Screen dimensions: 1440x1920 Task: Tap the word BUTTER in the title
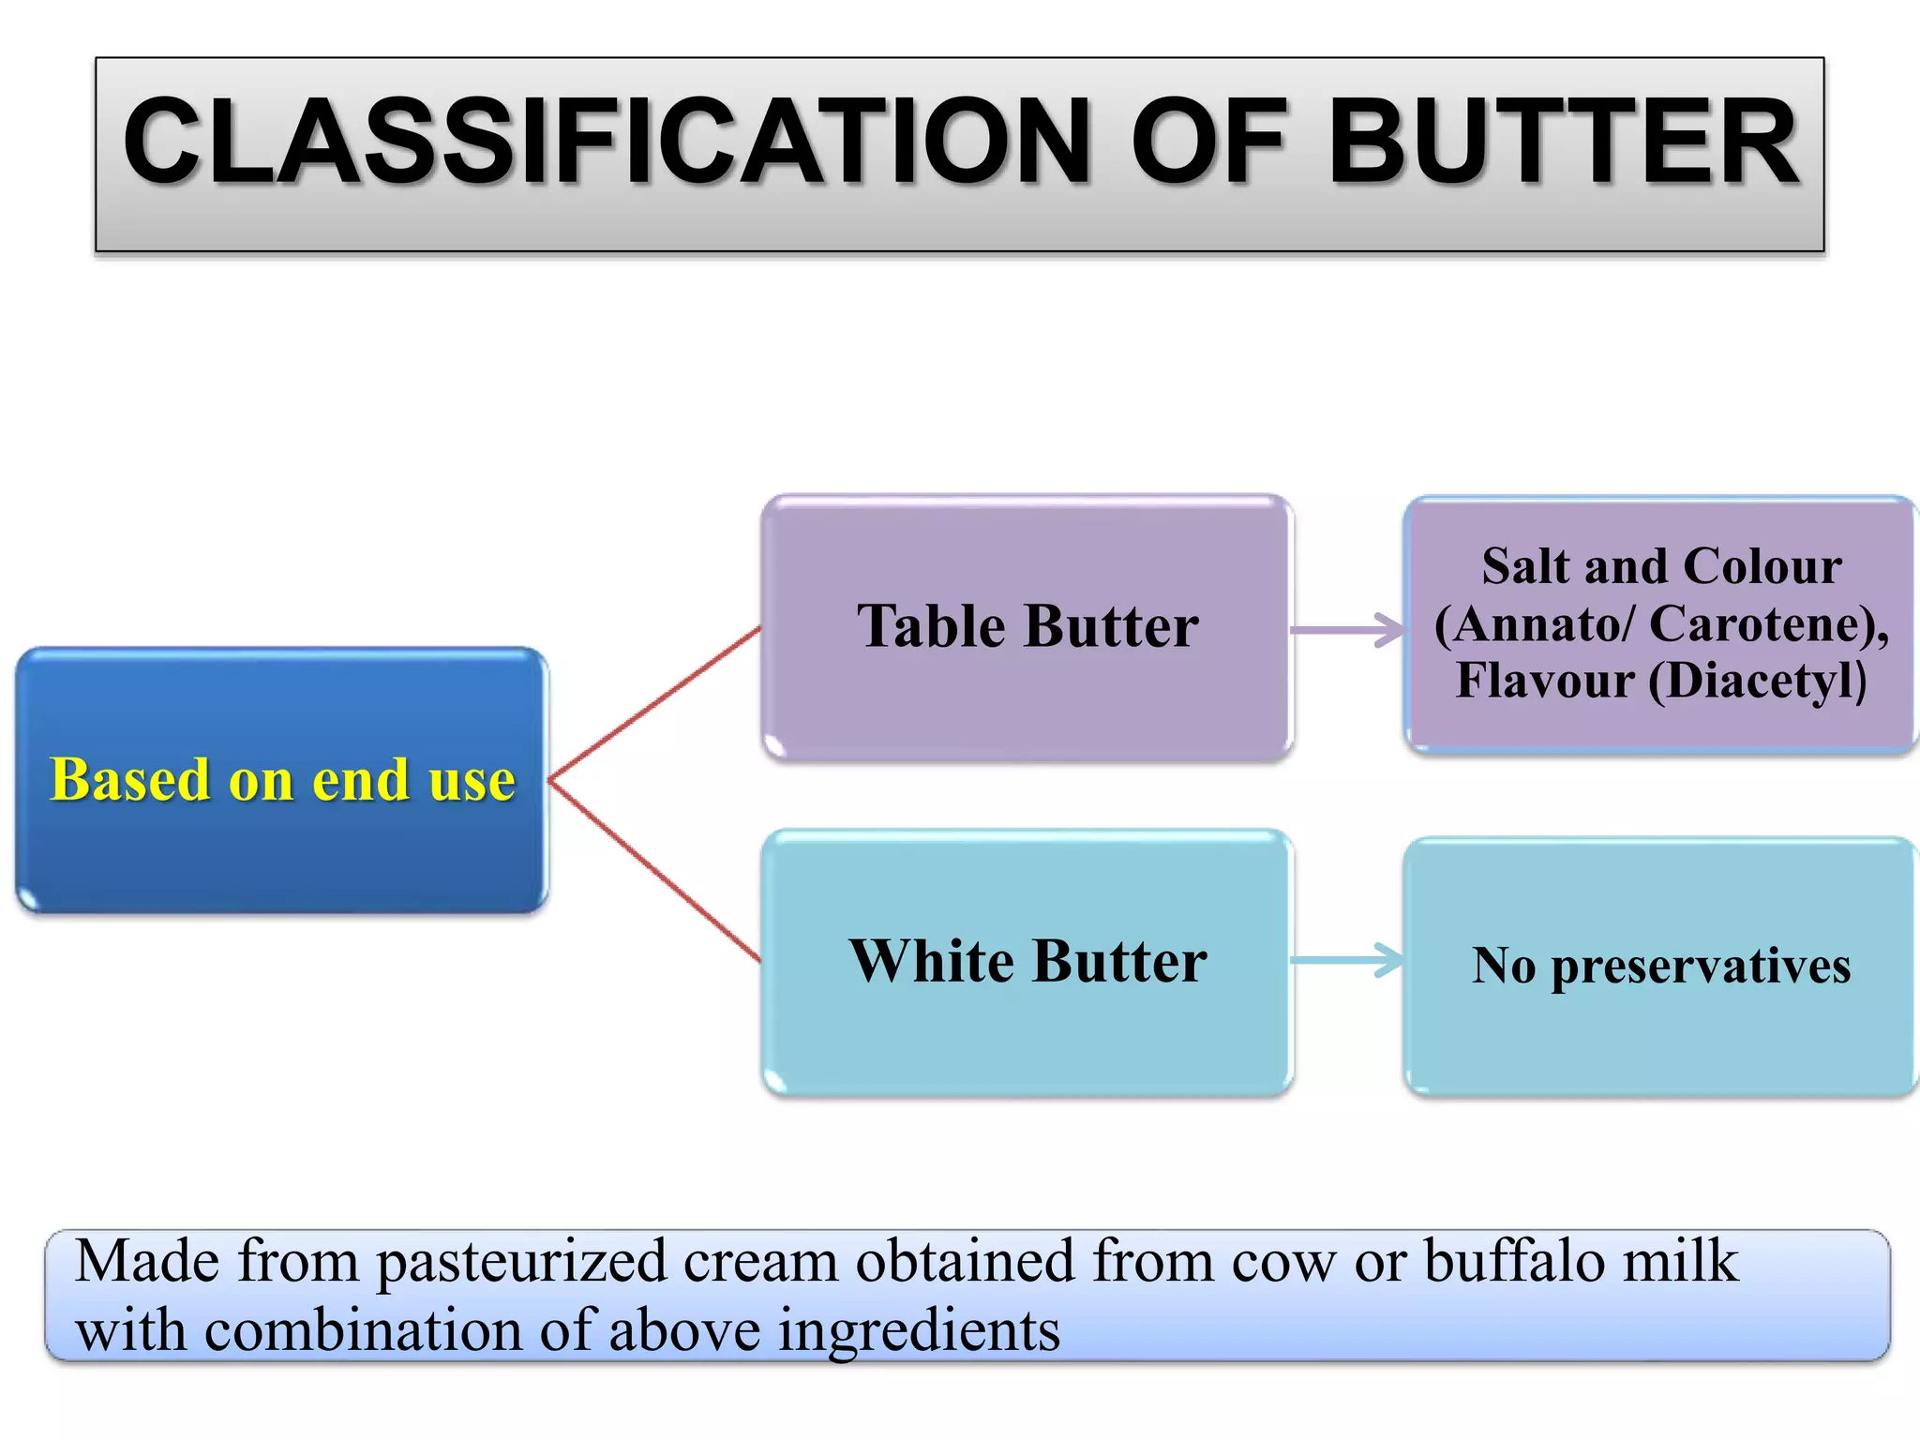point(1563,142)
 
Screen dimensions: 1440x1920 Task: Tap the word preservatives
point(1701,967)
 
